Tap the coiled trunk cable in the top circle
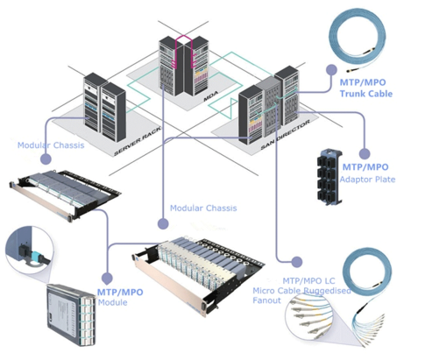(x=372, y=39)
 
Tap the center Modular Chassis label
(x=202, y=208)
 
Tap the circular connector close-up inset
(x=26, y=253)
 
